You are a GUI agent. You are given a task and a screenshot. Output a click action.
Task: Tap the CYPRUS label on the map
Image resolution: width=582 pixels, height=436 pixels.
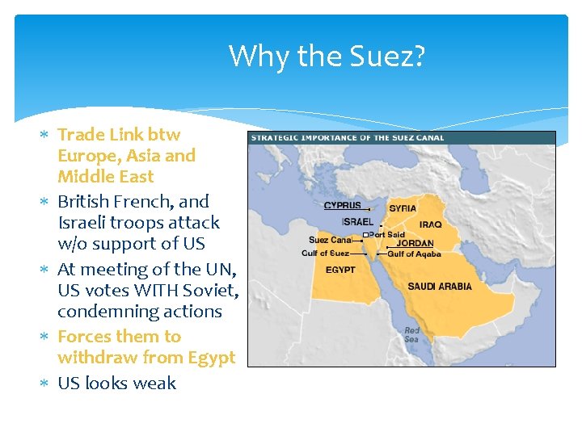[343, 206]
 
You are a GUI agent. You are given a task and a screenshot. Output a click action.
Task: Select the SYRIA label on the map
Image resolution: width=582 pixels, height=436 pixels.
[403, 208]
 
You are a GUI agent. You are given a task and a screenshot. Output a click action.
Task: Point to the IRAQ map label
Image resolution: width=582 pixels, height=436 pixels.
[430, 224]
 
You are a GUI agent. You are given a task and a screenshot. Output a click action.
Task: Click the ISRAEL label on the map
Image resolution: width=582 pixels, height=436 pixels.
[357, 221]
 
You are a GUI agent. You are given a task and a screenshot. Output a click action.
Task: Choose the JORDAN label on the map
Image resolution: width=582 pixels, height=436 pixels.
[415, 243]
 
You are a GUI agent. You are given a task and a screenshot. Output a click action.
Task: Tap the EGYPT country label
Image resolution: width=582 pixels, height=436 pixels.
[340, 270]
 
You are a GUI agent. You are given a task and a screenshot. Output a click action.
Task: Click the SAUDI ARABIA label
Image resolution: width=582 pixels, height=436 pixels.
[440, 287]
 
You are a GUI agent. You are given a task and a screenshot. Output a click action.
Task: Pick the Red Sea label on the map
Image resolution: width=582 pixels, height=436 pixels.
[412, 335]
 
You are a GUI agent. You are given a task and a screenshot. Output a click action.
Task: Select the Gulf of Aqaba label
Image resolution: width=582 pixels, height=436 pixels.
[415, 254]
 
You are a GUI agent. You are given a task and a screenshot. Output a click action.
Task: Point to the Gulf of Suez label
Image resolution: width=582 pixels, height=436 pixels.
[326, 254]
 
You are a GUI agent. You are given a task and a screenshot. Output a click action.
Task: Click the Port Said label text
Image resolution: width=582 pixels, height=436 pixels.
[386, 235]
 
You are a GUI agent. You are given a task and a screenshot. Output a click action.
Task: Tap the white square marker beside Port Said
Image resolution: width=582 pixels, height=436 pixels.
[365, 235]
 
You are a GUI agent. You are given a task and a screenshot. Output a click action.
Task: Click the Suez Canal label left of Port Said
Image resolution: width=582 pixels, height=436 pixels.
[330, 240]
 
